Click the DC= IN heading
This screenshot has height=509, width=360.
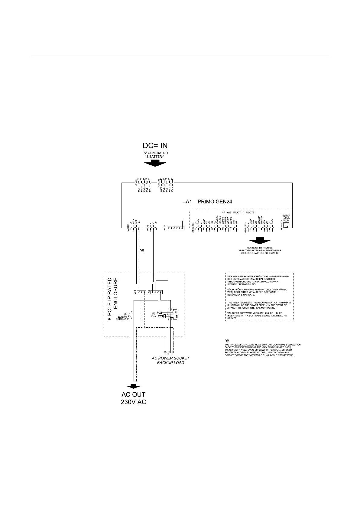tap(155, 145)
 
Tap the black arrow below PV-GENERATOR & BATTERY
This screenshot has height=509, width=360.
tap(155, 164)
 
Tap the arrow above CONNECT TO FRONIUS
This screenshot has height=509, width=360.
tap(259, 241)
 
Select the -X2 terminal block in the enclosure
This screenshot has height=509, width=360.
tap(157, 292)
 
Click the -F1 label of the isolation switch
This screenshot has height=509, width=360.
tap(125, 315)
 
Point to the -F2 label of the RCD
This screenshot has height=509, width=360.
tap(153, 313)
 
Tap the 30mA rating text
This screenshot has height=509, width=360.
tap(153, 316)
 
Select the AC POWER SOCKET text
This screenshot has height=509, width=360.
tap(170, 358)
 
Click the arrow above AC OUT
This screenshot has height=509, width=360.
tap(133, 386)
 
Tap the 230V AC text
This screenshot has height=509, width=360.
tap(133, 402)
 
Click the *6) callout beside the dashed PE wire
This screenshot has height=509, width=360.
tap(142, 251)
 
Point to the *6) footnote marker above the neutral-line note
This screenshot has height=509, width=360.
tap(227, 341)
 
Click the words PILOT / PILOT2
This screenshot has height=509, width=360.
tap(244, 212)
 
